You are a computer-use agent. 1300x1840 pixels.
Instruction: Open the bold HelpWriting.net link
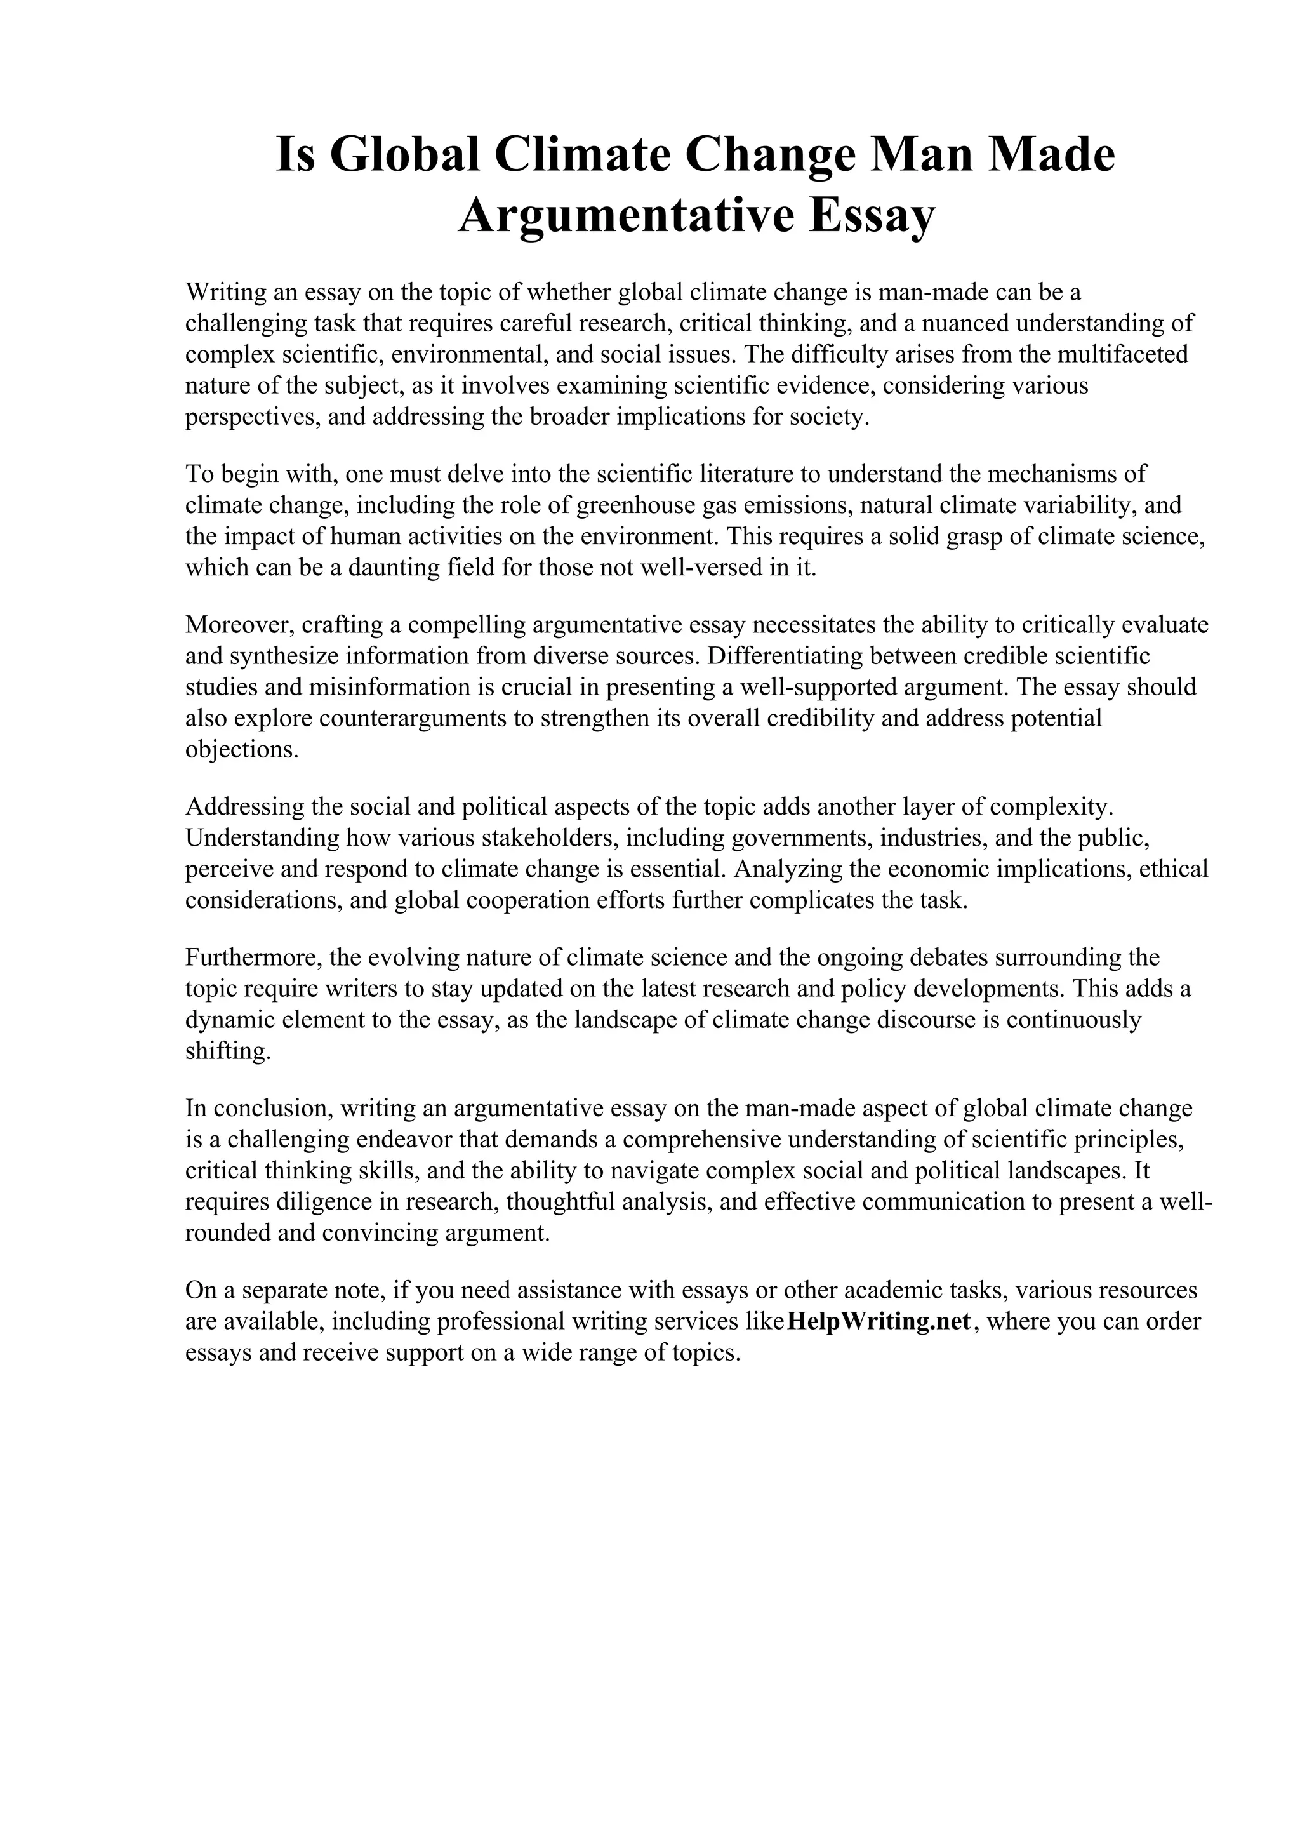point(879,1321)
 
